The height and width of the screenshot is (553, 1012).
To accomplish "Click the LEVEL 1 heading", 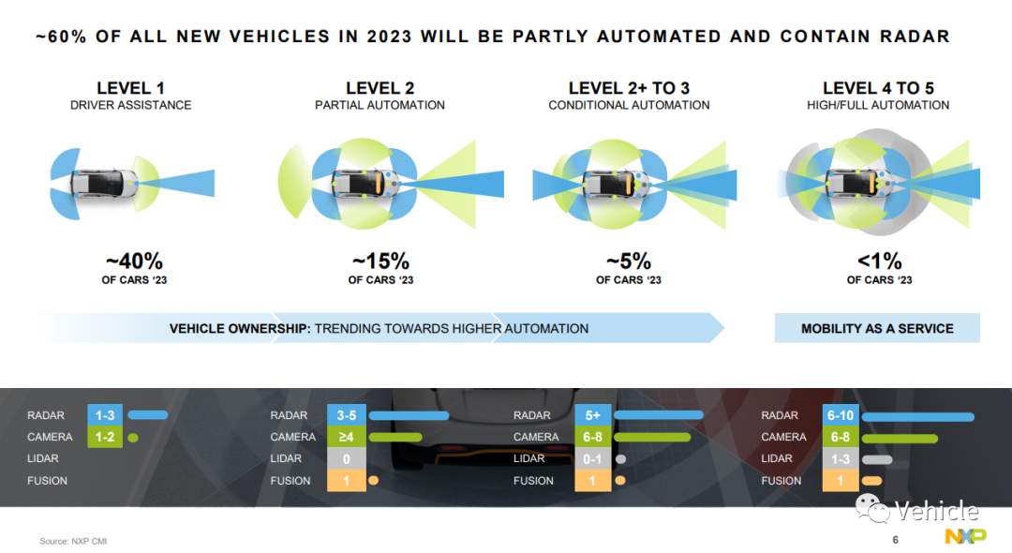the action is [130, 88].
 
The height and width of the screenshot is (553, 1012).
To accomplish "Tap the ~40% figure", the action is [134, 262].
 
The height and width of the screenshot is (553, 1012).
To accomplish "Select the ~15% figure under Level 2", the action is [380, 262].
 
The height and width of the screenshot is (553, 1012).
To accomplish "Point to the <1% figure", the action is [879, 262].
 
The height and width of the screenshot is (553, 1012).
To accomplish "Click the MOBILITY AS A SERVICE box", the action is [877, 328].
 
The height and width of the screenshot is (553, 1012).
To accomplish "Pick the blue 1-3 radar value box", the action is [105, 415].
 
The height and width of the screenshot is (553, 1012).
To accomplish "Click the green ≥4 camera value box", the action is [347, 437].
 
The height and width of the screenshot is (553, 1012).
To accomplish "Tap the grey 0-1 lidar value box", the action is [592, 458].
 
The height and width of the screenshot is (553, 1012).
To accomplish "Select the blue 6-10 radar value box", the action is [841, 415].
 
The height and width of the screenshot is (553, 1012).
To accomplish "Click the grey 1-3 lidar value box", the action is [841, 458].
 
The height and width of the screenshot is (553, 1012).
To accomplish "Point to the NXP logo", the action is [965, 535].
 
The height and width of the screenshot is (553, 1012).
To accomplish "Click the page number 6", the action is [895, 540].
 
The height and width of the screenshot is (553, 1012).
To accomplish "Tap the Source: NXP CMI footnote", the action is [73, 541].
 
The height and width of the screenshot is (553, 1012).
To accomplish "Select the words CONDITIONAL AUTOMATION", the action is [629, 105].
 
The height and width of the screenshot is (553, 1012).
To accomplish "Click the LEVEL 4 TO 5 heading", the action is [878, 88].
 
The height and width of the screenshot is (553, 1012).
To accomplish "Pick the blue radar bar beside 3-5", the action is [409, 415].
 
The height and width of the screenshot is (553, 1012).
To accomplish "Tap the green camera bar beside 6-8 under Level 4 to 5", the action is [900, 439].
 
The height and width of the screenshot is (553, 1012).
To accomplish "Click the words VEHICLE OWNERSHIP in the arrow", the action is [240, 328].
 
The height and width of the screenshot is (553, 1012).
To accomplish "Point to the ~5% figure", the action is [629, 262].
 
